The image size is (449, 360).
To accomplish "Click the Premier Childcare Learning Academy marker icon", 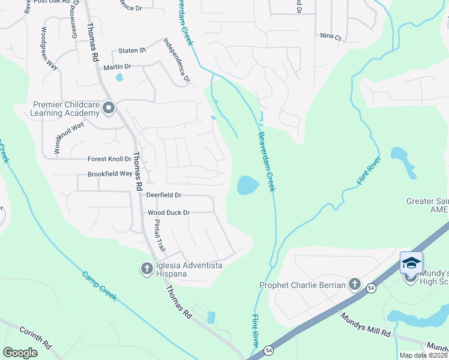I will (109, 108).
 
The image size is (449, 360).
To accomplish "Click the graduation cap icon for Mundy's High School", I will (411, 263).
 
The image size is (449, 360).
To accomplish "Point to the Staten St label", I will (133, 50).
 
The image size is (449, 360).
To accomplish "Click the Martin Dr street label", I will (117, 67).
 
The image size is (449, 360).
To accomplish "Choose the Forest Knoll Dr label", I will (109, 159).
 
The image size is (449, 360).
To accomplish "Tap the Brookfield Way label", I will (110, 173).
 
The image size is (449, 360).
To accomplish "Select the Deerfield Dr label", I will (164, 195).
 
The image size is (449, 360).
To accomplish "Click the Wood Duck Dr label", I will (169, 212).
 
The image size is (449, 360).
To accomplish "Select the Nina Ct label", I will (330, 37).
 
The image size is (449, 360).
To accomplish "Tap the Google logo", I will (20, 352).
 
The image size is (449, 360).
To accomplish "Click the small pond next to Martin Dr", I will (119, 77).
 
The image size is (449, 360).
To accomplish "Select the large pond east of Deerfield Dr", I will (248, 185).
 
